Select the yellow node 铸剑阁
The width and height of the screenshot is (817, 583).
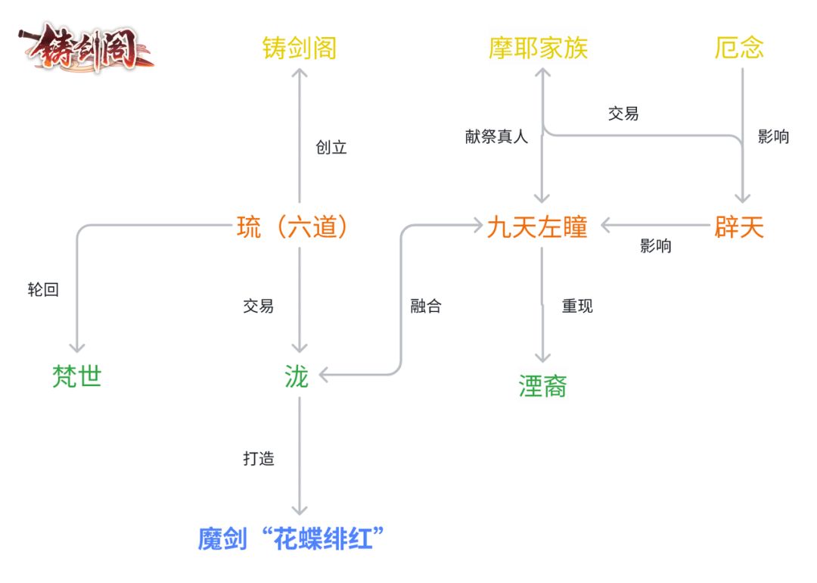[x=300, y=48]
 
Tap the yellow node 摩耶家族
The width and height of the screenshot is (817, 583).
[x=538, y=48]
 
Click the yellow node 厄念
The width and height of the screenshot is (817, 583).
[x=739, y=48]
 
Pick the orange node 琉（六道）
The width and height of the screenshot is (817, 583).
[x=294, y=226]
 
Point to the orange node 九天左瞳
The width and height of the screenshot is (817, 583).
[x=537, y=227]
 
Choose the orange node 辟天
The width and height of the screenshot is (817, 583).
[x=739, y=227]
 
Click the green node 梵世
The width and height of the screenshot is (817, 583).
[x=77, y=376]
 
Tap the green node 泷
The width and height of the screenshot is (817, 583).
[x=297, y=376]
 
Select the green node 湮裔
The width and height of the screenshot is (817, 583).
[x=543, y=386]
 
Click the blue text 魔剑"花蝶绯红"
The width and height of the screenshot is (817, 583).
[x=292, y=540]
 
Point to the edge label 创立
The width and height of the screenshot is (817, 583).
[x=331, y=148]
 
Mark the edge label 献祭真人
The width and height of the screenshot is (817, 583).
[x=496, y=137]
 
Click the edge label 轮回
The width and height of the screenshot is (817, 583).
[x=43, y=289]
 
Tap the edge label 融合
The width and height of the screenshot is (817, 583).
[x=426, y=307]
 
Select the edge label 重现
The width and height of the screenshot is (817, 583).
[x=577, y=307]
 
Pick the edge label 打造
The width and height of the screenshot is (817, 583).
[x=259, y=459]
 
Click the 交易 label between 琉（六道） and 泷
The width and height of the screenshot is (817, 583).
[x=259, y=307]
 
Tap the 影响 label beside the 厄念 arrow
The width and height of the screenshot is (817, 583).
[x=773, y=137]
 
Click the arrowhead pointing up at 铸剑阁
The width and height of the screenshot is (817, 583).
[x=300, y=73]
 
